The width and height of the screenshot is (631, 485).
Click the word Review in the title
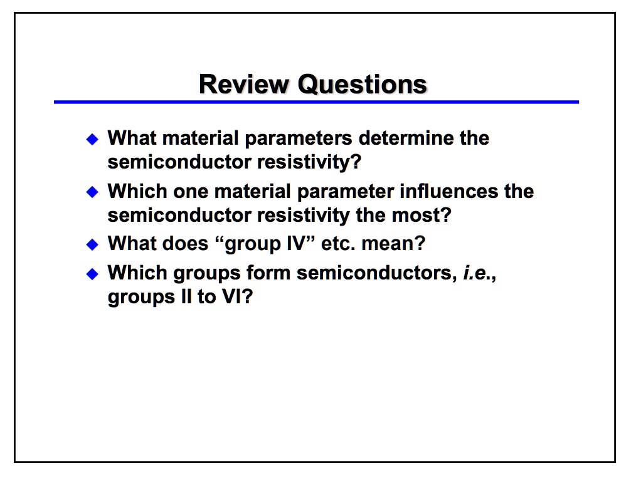244,85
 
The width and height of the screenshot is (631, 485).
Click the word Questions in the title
362,85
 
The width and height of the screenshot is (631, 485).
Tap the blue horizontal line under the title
316,102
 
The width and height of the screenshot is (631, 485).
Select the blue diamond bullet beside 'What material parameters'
92,140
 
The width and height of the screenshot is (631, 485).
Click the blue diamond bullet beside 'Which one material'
92,192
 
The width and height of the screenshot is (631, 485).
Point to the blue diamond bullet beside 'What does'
92,244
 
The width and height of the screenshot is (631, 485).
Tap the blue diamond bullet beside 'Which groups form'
92,274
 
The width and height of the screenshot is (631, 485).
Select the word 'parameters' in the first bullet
298,139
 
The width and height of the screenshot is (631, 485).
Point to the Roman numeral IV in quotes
296,244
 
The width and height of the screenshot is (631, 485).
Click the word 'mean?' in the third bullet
393,244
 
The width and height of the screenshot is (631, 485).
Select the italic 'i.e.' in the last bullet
477,273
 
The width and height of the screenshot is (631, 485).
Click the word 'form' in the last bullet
268,273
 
